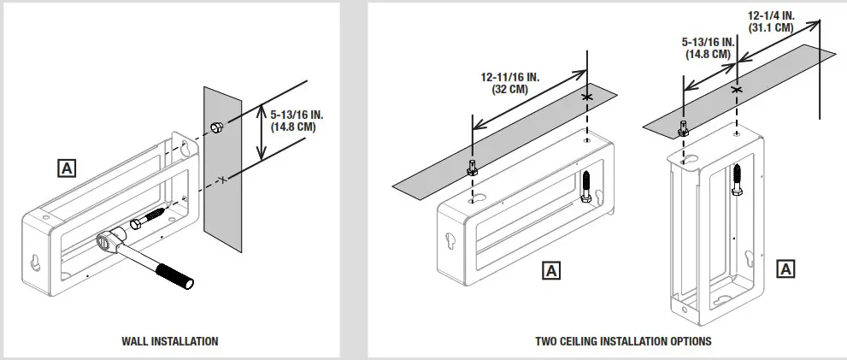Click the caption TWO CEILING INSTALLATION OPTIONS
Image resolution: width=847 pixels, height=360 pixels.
623,341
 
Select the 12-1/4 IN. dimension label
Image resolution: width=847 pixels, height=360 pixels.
771,15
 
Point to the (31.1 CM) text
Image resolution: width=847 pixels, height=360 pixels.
771,27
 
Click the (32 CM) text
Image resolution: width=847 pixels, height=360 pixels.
510,87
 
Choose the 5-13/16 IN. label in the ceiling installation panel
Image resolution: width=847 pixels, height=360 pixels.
709,41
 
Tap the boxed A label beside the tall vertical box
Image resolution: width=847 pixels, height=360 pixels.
786,269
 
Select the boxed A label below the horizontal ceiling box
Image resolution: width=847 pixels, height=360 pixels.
552,271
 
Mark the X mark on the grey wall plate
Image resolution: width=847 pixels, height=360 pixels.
221,179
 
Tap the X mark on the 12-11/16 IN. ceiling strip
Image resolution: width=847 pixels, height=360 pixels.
587,97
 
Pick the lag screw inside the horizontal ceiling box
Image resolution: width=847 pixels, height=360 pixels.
587,186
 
